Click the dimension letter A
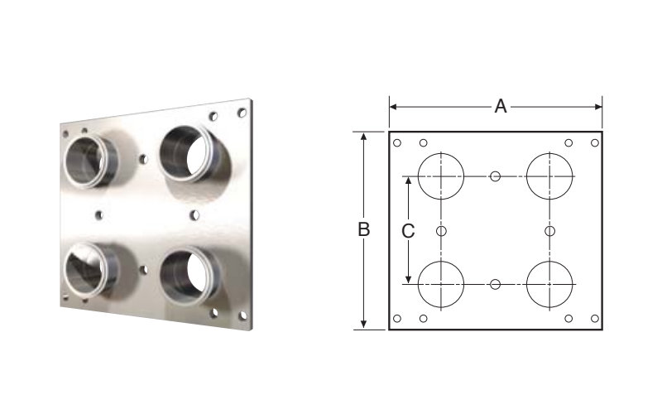point(501,107)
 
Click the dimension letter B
point(363,229)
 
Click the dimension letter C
point(408,231)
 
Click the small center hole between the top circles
point(495,176)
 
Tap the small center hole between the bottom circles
point(495,284)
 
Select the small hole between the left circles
point(441,231)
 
